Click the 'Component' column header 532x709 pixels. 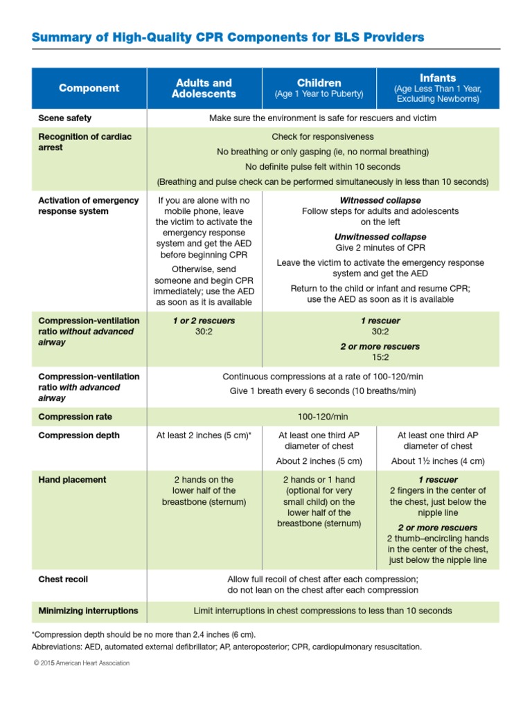(x=89, y=88)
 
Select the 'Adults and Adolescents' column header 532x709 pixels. (x=204, y=88)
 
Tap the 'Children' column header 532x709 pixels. (x=319, y=82)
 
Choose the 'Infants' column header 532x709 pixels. (x=437, y=78)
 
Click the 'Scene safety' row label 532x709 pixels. (x=65, y=118)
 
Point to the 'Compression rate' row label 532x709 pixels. (x=75, y=417)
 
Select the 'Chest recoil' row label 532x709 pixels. (x=63, y=579)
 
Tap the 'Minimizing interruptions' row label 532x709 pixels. (x=88, y=611)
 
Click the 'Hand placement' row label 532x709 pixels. (x=72, y=480)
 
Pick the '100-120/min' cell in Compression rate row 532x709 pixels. (x=323, y=417)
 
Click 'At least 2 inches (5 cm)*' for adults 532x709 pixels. (x=204, y=436)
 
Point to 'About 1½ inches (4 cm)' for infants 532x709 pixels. (x=438, y=461)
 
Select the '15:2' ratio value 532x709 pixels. (x=380, y=357)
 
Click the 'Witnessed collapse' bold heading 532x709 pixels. (x=380, y=200)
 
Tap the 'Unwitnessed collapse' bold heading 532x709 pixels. (x=380, y=237)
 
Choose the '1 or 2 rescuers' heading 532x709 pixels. (x=204, y=321)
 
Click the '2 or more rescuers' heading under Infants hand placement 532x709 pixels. (x=438, y=528)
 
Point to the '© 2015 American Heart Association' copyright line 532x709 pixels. (x=81, y=663)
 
